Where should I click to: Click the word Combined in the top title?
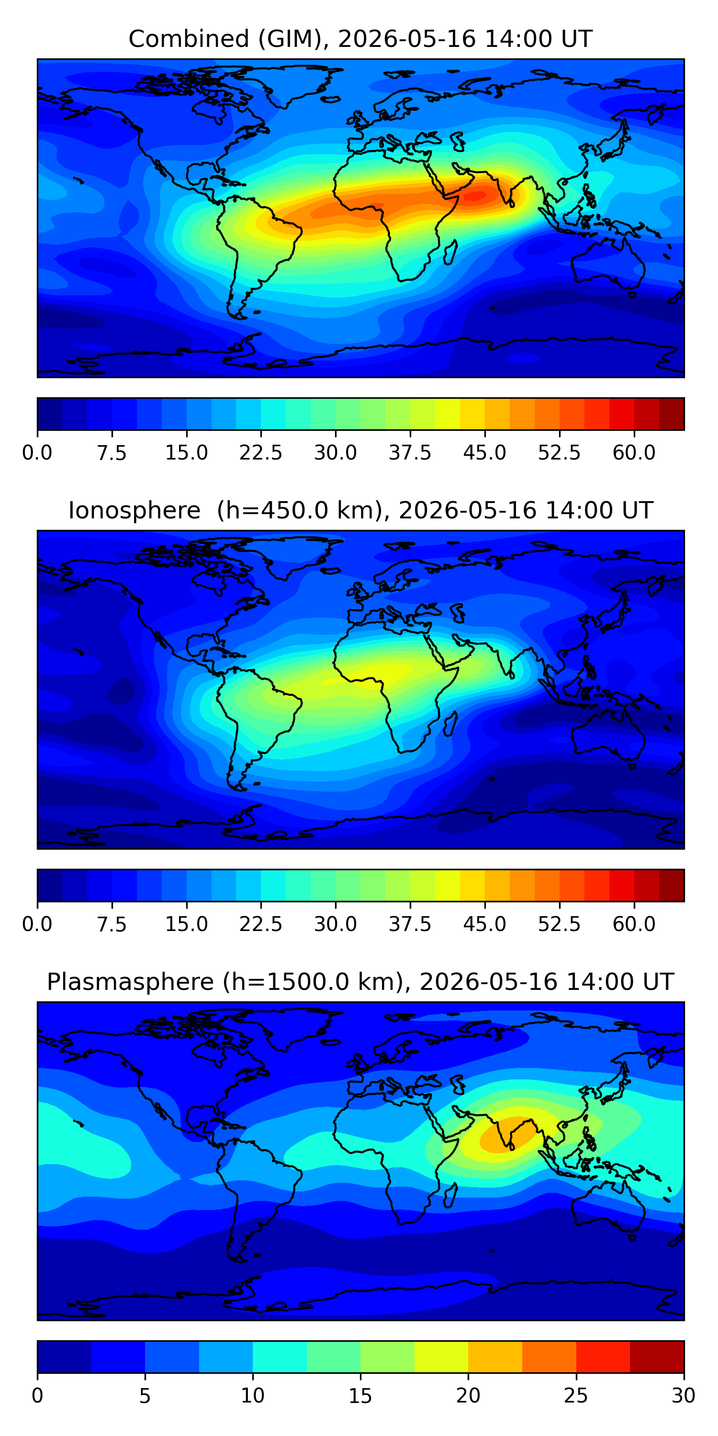(x=189, y=39)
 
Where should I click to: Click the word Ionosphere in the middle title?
(x=135, y=511)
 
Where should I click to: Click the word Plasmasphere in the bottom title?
(x=131, y=982)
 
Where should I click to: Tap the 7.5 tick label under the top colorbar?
(x=112, y=453)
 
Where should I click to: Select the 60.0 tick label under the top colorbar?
(x=634, y=453)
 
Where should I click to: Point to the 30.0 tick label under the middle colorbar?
(x=336, y=924)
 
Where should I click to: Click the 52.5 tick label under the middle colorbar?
(x=559, y=924)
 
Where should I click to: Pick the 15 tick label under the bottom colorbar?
(x=360, y=1396)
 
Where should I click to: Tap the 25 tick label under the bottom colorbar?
(x=576, y=1396)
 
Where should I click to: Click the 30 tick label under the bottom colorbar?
(x=684, y=1396)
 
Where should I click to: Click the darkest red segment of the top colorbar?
(x=671, y=414)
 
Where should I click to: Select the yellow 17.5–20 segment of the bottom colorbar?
(x=441, y=1356)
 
